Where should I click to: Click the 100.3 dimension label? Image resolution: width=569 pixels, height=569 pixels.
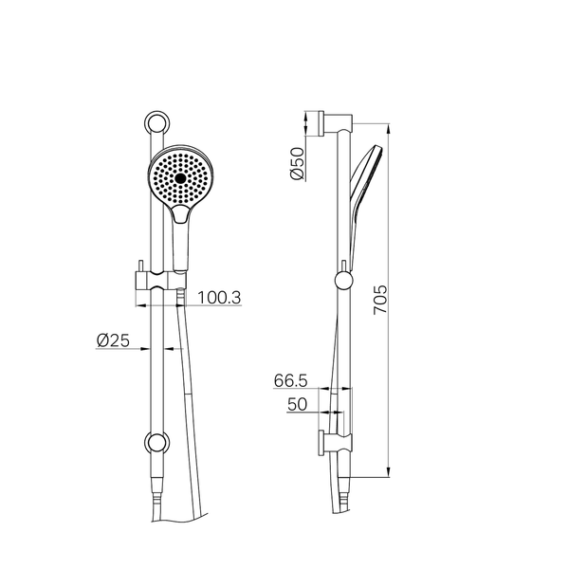[x=219, y=298]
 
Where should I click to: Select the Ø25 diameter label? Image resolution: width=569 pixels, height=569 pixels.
[x=113, y=340]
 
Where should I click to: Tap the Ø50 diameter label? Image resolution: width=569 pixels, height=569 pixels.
[x=297, y=163]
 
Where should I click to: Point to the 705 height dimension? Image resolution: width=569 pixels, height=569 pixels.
[x=380, y=300]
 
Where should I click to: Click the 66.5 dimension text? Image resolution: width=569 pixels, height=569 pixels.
[x=291, y=380]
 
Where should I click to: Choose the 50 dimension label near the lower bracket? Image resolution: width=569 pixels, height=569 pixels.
[x=297, y=404]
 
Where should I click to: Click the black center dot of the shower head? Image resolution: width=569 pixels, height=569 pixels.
[x=180, y=178]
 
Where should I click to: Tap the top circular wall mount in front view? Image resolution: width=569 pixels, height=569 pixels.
[x=156, y=123]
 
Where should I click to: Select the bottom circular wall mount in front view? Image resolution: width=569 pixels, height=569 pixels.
[x=156, y=442]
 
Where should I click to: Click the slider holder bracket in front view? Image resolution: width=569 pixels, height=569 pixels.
[x=161, y=281]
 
